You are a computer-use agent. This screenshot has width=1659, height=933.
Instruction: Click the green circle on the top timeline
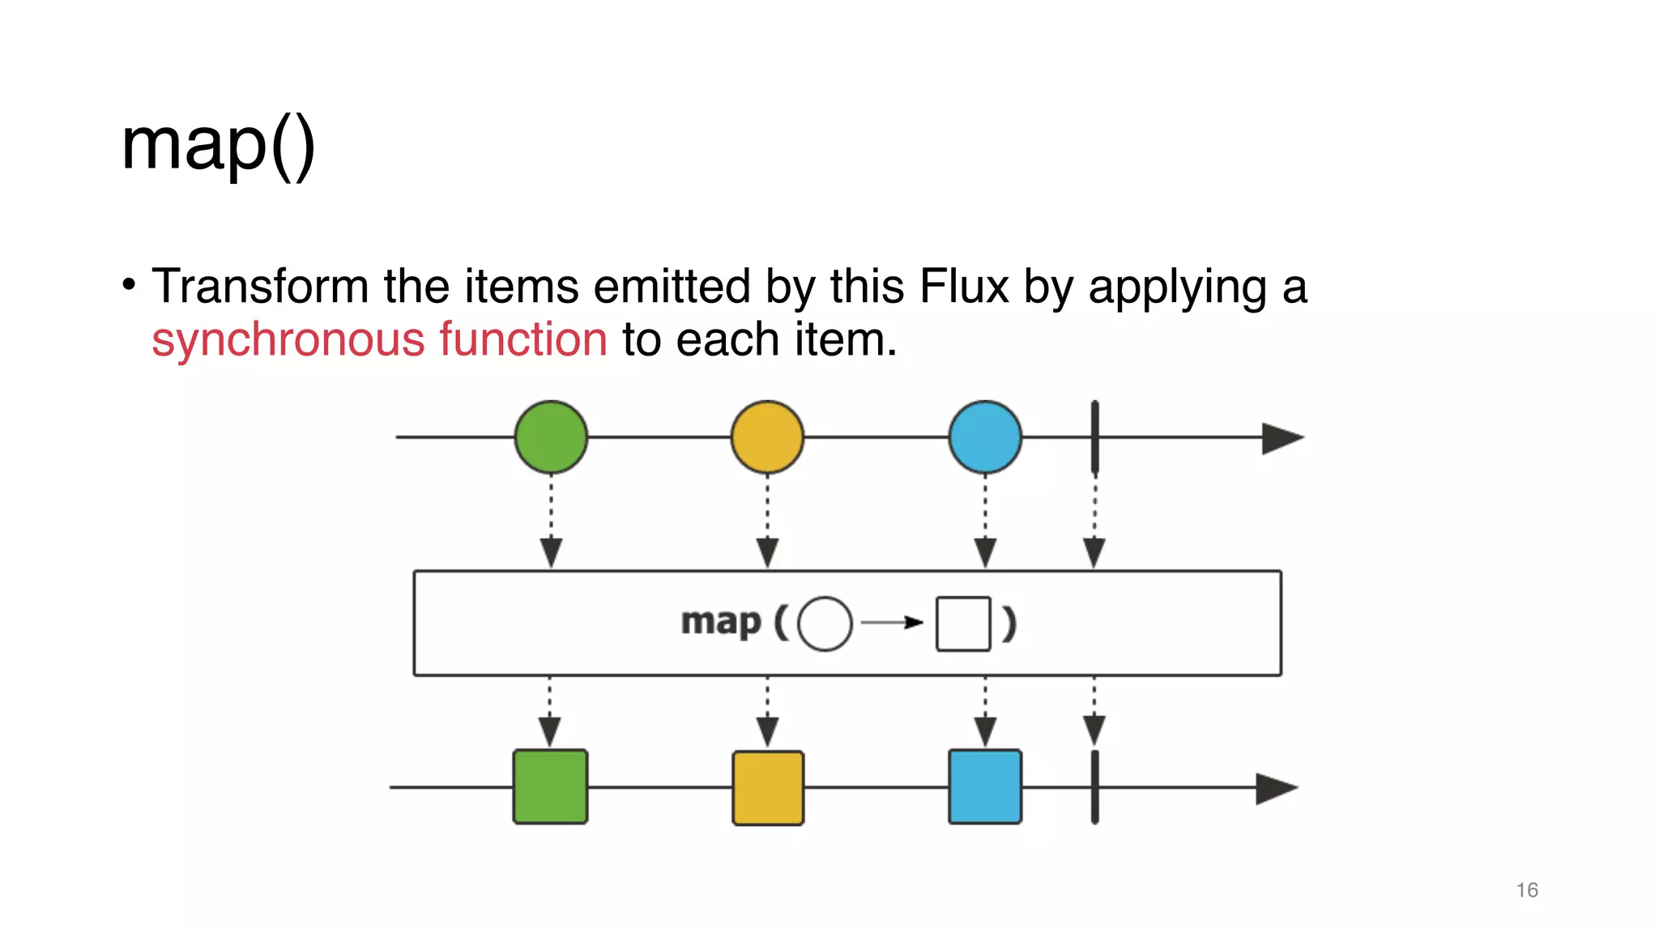(551, 437)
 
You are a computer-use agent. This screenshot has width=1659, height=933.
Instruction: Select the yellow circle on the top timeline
(767, 437)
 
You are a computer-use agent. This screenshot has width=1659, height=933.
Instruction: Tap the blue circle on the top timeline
(985, 437)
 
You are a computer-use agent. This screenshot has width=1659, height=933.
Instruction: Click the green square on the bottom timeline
(550, 786)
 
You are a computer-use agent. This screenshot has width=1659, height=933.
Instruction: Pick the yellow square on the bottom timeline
(768, 787)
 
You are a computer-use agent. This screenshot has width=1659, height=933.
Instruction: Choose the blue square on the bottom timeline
(985, 786)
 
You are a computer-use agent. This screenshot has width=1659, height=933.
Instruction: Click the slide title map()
(217, 146)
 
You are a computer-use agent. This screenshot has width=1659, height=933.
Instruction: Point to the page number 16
(1526, 890)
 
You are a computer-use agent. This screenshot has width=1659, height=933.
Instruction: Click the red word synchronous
(288, 339)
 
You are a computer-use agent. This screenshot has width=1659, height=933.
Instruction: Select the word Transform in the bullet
(260, 287)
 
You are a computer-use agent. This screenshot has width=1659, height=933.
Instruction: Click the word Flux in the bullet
(964, 287)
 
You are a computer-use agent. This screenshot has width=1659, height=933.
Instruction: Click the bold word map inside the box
(721, 622)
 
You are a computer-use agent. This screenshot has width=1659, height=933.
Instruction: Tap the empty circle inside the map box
(825, 624)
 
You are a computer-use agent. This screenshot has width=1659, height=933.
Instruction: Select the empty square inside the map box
(963, 624)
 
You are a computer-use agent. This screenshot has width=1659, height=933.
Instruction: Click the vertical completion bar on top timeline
(1094, 437)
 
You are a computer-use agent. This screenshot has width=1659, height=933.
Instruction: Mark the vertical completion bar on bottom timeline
(1094, 787)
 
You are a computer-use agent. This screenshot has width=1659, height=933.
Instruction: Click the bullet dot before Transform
(129, 284)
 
